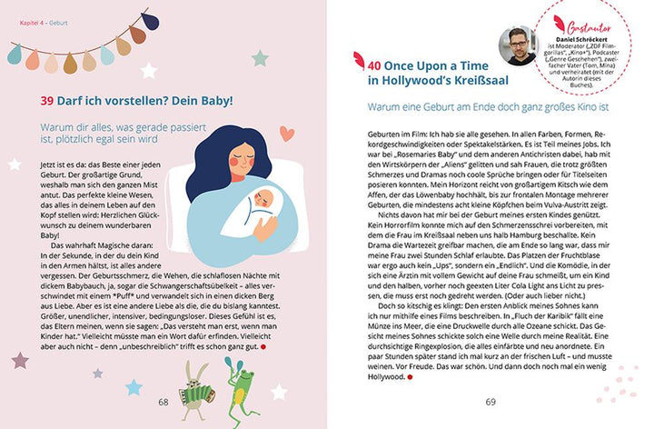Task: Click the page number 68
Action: point(163,402)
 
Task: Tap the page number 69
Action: point(490,402)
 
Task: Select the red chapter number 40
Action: point(376,65)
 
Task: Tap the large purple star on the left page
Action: point(20,360)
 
